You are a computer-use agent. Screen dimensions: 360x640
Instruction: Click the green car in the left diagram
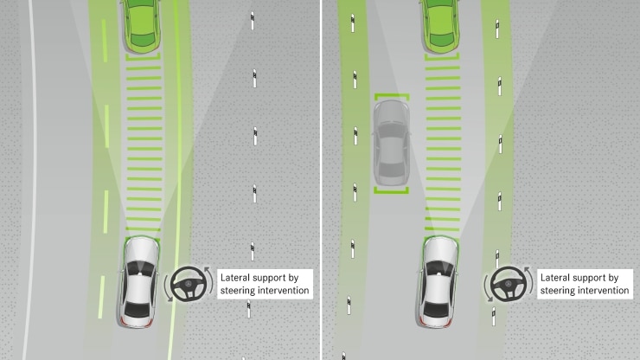(138, 24)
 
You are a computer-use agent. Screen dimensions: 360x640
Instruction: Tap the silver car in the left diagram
(138, 282)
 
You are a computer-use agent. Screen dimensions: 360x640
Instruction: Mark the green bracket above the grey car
(392, 96)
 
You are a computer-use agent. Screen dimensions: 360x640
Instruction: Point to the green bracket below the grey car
(392, 190)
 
